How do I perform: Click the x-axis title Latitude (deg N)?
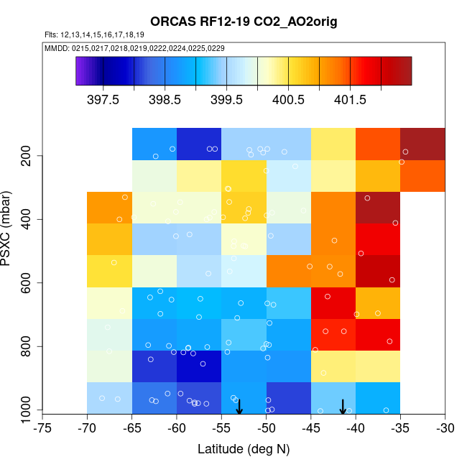pyautogui.click(x=244, y=449)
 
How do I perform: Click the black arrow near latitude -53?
pyautogui.click(x=239, y=407)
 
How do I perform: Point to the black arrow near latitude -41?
pyautogui.click(x=343, y=407)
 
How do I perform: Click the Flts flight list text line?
pyautogui.click(x=94, y=34)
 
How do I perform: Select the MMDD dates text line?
pyautogui.click(x=134, y=47)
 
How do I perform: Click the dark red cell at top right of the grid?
pyautogui.click(x=422, y=144)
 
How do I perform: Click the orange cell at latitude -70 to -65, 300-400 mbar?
pyautogui.click(x=109, y=208)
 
